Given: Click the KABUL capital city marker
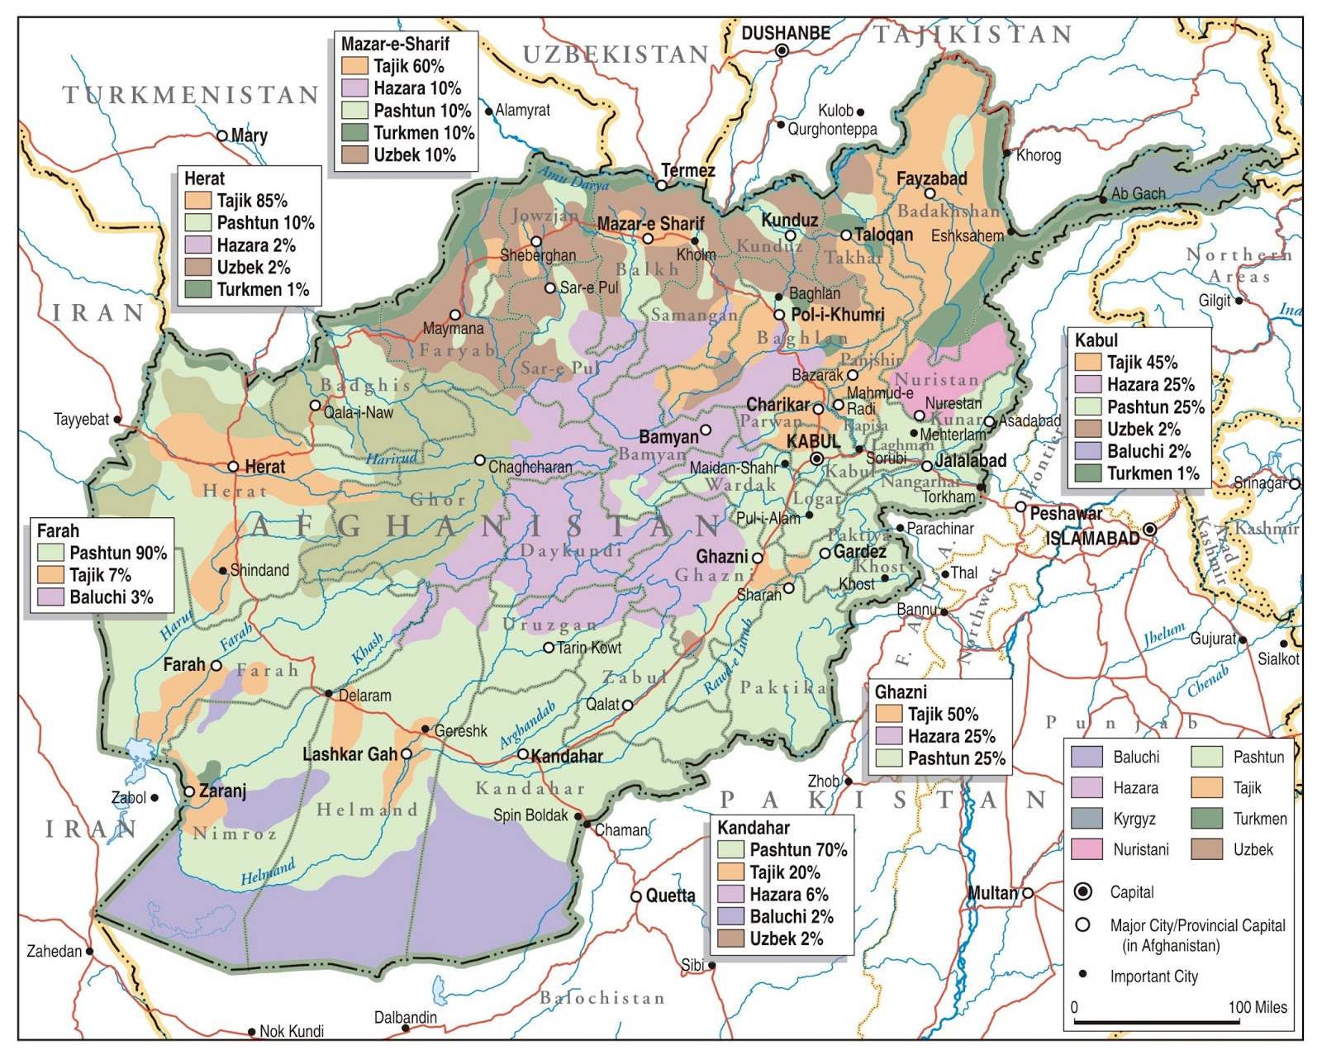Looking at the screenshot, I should [x=816, y=459].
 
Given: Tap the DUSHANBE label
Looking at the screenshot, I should [x=785, y=33].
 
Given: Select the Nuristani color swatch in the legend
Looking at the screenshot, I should [x=1087, y=849].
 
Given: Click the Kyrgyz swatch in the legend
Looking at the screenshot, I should [x=1087, y=818].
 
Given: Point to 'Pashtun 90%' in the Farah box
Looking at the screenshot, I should [x=117, y=553].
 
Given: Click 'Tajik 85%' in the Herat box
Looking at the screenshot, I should [x=251, y=201].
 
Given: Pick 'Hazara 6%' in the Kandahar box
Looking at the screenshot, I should [x=787, y=894].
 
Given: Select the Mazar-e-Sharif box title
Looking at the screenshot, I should [x=395, y=44].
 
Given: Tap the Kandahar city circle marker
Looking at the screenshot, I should [x=522, y=754].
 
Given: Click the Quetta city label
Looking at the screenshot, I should [x=670, y=896].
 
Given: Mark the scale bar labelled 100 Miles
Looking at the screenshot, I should [x=1157, y=1023].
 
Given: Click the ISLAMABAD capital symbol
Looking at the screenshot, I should [x=1149, y=530].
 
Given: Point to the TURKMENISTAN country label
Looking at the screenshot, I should [x=192, y=95].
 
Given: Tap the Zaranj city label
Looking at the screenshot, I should [x=222, y=791].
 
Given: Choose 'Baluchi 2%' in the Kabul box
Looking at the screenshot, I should [x=1148, y=451].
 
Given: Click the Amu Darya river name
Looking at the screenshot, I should [x=573, y=178].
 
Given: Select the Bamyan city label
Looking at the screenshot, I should [x=668, y=436].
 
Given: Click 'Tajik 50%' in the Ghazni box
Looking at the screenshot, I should [x=942, y=714].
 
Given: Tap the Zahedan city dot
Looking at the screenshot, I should [x=90, y=951].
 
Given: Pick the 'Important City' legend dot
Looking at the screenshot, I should [x=1082, y=975].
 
